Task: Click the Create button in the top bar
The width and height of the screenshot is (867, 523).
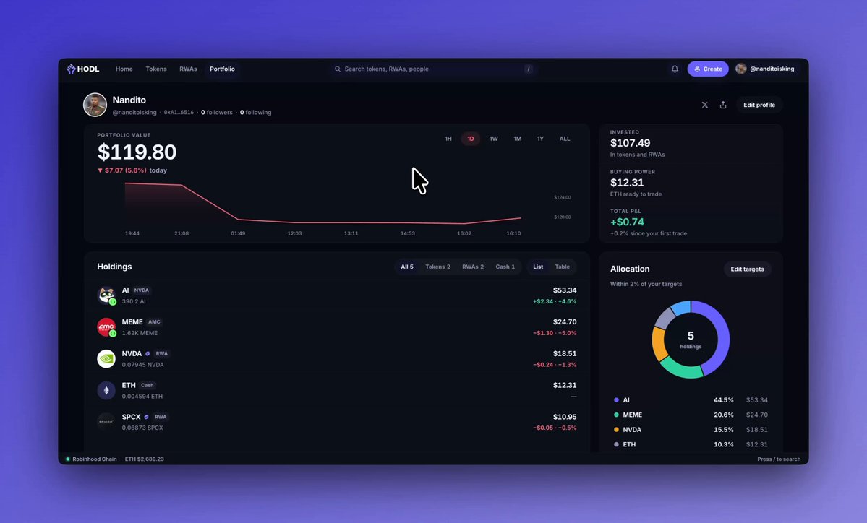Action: [708, 69]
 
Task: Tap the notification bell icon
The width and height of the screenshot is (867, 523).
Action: [675, 69]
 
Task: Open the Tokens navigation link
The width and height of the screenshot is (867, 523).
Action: [156, 69]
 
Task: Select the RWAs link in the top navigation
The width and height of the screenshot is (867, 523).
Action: [188, 69]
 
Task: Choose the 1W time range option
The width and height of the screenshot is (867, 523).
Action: [494, 139]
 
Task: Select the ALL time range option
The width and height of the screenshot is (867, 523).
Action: [565, 139]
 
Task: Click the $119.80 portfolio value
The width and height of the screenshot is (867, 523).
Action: [137, 152]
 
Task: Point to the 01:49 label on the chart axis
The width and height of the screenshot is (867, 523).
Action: [238, 233]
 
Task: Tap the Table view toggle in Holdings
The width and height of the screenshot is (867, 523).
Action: [563, 267]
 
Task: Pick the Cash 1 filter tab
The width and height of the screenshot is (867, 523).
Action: [505, 267]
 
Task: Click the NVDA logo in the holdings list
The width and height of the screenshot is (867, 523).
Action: [106, 359]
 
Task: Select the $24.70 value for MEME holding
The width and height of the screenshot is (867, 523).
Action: [565, 321]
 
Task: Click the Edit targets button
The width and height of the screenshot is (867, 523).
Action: [747, 269]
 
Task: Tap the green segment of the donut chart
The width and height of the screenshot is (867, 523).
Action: [681, 369]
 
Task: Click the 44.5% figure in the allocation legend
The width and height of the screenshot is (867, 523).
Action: [723, 400]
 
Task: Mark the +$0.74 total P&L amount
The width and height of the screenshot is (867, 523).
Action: [627, 222]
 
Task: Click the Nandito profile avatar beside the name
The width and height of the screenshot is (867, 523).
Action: [95, 105]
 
